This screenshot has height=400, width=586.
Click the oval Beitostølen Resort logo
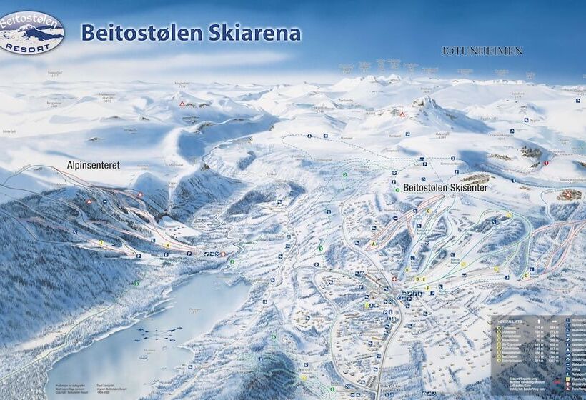(x=31, y=32)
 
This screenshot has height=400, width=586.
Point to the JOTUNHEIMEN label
(x=482, y=51)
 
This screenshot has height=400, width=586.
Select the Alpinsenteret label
(x=93, y=164)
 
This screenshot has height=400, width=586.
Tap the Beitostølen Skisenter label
(x=435, y=187)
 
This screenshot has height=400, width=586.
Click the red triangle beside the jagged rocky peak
(x=402, y=114)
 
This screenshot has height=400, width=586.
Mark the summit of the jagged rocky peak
(x=426, y=101)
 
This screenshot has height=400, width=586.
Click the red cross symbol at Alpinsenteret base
(x=223, y=254)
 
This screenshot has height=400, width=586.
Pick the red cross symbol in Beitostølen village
(x=394, y=279)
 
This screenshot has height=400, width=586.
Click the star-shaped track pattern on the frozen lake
(x=158, y=333)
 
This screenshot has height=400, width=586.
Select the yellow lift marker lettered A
(x=374, y=243)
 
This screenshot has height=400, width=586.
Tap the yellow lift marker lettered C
(x=428, y=211)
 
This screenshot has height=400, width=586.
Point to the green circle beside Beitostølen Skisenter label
(x=394, y=184)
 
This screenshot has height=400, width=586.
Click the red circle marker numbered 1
(x=546, y=163)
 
